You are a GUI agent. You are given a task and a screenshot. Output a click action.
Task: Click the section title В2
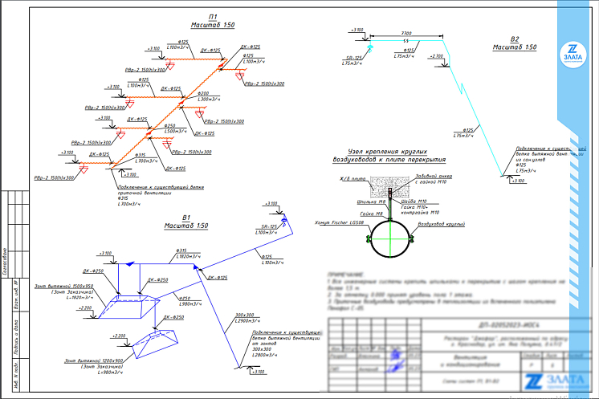click(515, 39)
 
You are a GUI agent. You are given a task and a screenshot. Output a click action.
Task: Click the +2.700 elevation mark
click(436, 56)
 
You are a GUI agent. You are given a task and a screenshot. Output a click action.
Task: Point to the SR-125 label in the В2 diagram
click(354, 58)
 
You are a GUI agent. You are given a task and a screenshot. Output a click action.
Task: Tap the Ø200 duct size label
click(204, 93)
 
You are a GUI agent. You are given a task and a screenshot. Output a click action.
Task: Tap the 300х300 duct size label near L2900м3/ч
click(244, 315)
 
